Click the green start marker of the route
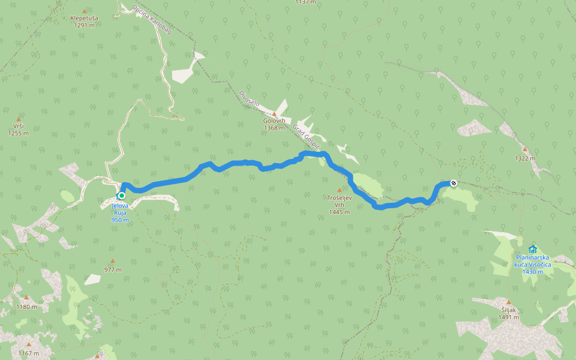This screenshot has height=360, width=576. tap(122, 196)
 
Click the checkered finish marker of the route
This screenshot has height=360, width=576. tap(454, 182)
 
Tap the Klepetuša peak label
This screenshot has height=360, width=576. tap(84, 19)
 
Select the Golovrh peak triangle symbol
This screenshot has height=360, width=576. tap(274, 113)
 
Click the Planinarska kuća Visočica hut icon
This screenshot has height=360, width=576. tap(532, 249)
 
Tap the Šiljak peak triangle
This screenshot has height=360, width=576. tap(508, 302)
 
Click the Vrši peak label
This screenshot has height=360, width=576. tap(18, 126)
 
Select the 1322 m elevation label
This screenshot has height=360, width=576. tap(525, 158)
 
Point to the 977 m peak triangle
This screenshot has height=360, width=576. tap(112, 262)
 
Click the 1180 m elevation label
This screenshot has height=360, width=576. tap(26, 307)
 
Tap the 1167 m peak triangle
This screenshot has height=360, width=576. tap(28, 344)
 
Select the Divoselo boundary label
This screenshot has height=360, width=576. tap(248, 98)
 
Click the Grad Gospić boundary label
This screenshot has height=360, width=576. tap(307, 137)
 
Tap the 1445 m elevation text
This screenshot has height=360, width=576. tap(339, 212)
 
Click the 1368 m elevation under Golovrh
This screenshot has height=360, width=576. tap(274, 128)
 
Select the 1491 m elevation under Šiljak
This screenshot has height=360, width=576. tap(508, 317)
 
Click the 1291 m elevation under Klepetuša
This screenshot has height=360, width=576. tap(84, 25)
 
